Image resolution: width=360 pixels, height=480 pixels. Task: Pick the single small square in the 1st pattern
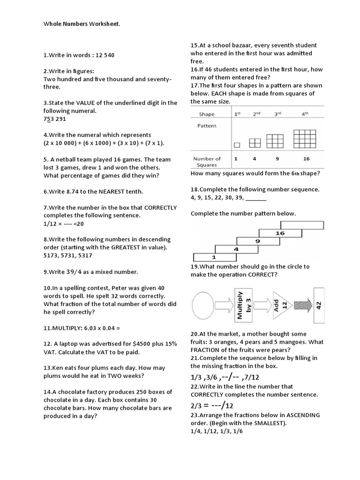237,144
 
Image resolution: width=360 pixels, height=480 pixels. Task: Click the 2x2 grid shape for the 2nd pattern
255,142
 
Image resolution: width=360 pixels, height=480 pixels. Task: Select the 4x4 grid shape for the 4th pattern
305,139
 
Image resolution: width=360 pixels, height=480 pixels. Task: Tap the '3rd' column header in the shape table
277,114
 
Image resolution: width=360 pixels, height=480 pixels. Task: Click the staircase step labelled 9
257,241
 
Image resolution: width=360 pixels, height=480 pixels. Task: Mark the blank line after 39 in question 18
255,198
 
